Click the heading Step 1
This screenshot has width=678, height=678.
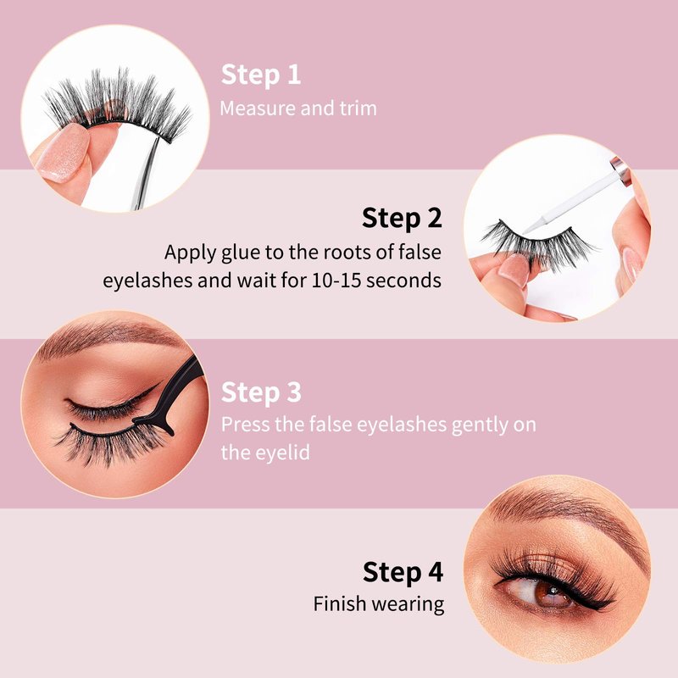tap(261, 75)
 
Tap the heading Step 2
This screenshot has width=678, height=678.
tap(402, 218)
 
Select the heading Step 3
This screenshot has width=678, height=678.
tap(261, 392)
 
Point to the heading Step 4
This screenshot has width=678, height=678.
tap(403, 572)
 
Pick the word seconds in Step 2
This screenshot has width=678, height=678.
tap(404, 281)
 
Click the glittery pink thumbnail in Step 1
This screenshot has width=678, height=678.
tap(64, 153)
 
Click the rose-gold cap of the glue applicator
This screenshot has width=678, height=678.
tap(620, 169)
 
